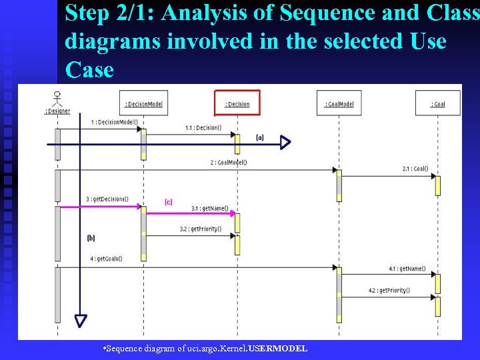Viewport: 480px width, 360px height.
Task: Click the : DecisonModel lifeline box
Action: point(143,103)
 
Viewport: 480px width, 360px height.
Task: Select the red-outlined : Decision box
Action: point(237,103)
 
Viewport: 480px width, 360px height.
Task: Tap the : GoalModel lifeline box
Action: point(339,103)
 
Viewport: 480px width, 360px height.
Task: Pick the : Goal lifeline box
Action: point(437,103)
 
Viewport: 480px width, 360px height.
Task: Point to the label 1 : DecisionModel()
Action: point(115,122)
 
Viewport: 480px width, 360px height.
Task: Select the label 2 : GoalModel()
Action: point(229,162)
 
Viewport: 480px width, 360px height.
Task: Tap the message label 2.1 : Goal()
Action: point(415,169)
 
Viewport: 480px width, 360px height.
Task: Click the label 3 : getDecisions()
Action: point(107,199)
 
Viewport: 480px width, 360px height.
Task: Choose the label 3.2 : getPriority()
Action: point(200,229)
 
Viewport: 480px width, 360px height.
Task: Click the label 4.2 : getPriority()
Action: point(389,291)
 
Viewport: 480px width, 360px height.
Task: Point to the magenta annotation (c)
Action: point(169,201)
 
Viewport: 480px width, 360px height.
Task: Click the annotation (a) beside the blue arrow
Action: point(260,137)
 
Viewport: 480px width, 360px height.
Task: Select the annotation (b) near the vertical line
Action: point(91,237)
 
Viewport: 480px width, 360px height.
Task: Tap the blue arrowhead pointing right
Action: point(285,143)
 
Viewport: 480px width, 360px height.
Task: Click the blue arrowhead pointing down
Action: point(81,321)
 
